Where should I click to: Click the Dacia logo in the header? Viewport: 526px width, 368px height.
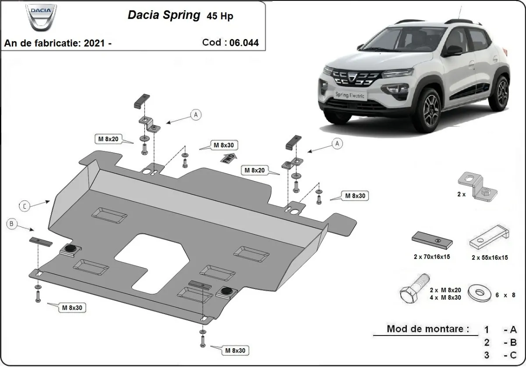[x=41, y=18]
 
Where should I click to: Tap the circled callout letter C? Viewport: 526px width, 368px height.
[x=25, y=205]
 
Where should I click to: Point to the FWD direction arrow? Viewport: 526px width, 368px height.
[x=229, y=158]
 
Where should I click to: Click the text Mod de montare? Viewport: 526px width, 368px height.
[x=427, y=329]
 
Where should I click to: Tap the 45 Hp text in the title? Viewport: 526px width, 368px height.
[x=220, y=16]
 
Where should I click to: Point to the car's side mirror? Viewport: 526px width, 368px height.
[x=453, y=50]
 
